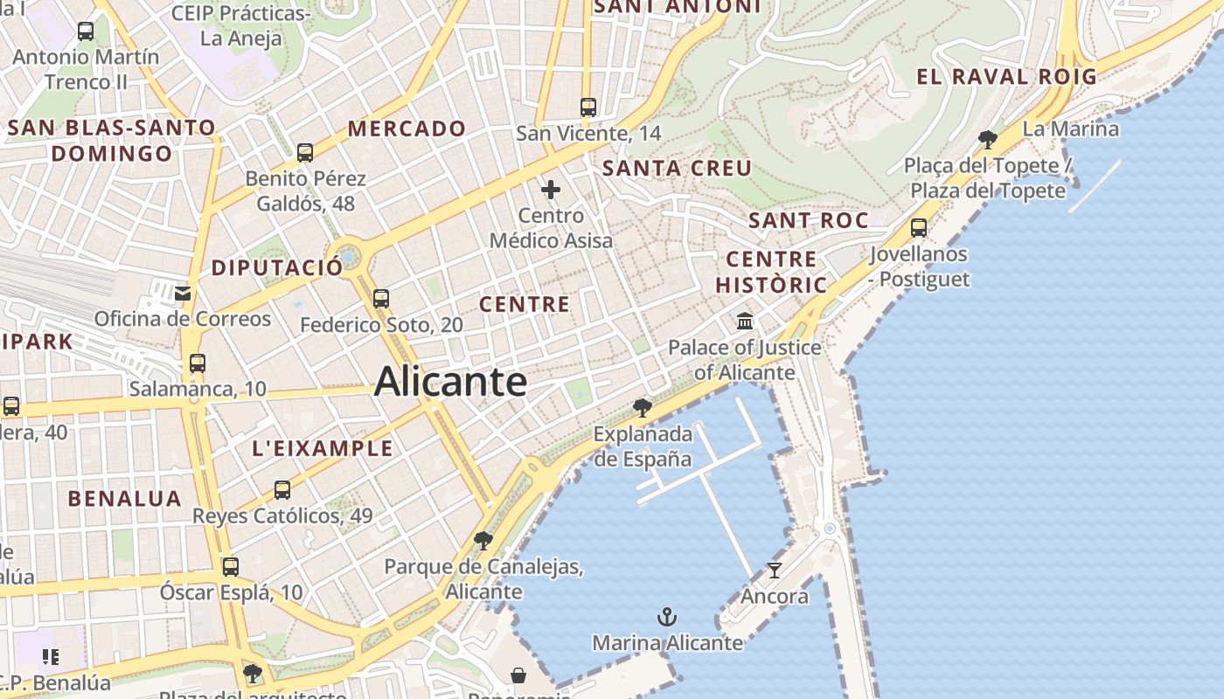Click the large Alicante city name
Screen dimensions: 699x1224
click(x=450, y=382)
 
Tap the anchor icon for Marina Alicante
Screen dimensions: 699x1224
click(x=667, y=618)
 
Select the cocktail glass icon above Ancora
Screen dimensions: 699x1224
click(x=775, y=571)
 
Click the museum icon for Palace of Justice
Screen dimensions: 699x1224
click(x=745, y=321)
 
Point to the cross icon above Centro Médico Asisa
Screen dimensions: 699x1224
click(x=551, y=189)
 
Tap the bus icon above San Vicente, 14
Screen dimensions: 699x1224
click(x=588, y=107)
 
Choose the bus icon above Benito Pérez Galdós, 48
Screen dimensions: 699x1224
click(x=305, y=152)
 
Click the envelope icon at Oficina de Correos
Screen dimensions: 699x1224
click(x=183, y=293)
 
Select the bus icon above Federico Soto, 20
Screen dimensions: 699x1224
click(x=381, y=298)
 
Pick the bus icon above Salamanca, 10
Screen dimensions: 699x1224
click(x=198, y=363)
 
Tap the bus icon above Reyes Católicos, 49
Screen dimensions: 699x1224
click(x=282, y=489)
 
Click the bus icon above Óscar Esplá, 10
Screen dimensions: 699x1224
click(x=231, y=566)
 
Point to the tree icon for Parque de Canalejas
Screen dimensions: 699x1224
click(x=483, y=540)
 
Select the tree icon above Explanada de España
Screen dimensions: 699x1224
click(x=643, y=407)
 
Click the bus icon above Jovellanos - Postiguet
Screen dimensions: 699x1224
click(x=919, y=228)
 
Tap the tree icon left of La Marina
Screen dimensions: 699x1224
click(x=988, y=139)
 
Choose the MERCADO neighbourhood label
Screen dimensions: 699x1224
click(x=407, y=128)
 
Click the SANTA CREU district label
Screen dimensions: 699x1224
click(x=678, y=168)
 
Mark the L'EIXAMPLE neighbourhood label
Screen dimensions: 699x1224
click(x=323, y=449)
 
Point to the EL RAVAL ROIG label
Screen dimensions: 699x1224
click(x=1006, y=77)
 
